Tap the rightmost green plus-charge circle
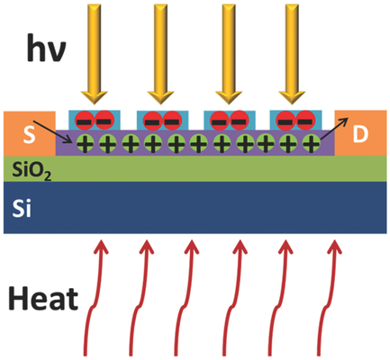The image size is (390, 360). tap(311, 142)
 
